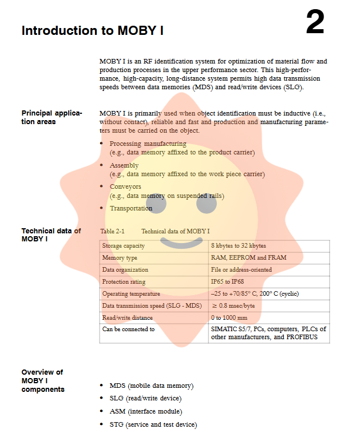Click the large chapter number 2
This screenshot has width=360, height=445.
pyautogui.click(x=315, y=23)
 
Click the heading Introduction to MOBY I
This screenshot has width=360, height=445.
pyautogui.click(x=93, y=31)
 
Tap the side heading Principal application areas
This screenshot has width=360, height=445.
pyautogui.click(x=52, y=118)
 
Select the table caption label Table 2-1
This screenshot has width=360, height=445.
pyautogui.click(x=112, y=231)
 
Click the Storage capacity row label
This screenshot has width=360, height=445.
pyautogui.click(x=123, y=246)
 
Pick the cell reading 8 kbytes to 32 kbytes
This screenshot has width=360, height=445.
pyautogui.click(x=238, y=246)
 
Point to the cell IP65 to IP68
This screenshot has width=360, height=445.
pyautogui.click(x=227, y=282)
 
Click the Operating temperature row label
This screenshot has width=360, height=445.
pyautogui.click(x=131, y=294)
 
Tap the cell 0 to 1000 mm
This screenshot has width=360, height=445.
pyautogui.click(x=229, y=318)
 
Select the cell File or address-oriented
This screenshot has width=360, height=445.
pyautogui.click(x=241, y=270)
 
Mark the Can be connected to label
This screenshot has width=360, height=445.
pyautogui.click(x=128, y=329)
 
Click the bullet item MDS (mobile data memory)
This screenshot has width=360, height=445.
pyautogui.click(x=151, y=386)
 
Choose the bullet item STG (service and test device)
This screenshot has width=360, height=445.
pyautogui.click(x=153, y=424)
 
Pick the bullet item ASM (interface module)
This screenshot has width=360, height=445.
pyautogui.click(x=145, y=412)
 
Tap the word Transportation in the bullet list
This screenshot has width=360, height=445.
pyautogui.click(x=131, y=209)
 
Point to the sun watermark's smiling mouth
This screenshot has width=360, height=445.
pyautogui.click(x=181, y=244)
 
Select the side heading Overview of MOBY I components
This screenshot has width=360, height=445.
pyautogui.click(x=43, y=381)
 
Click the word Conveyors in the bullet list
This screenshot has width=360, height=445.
pyautogui.click(x=125, y=187)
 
